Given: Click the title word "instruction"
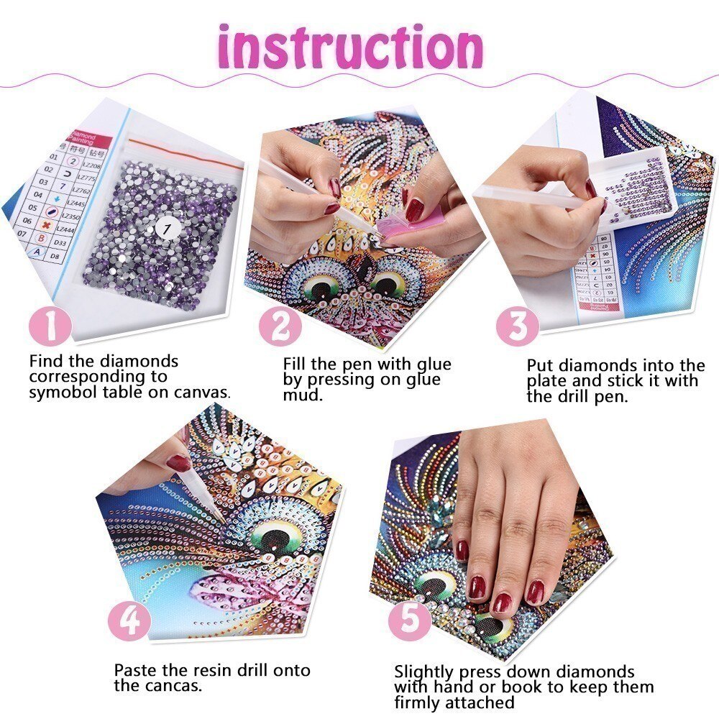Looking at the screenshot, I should tap(350, 48).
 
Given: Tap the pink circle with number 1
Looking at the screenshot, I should tap(51, 327).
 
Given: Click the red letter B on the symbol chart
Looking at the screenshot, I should tap(42, 238).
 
